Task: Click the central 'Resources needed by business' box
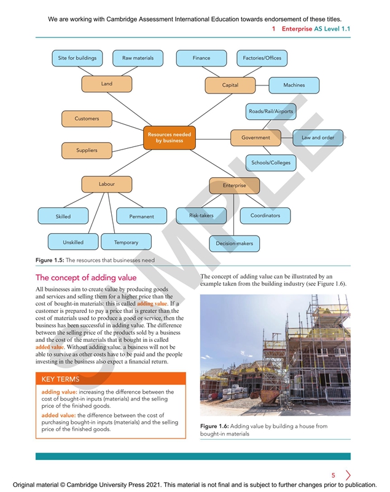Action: click(x=169, y=137)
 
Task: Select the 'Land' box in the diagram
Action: click(x=107, y=84)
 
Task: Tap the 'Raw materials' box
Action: click(x=138, y=58)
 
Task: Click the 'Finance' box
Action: click(x=201, y=58)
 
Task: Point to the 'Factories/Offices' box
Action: click(x=262, y=58)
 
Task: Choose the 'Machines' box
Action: click(x=294, y=85)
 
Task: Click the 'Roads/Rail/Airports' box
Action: click(x=270, y=112)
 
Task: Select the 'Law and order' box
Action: click(x=318, y=138)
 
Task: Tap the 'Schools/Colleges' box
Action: click(x=270, y=163)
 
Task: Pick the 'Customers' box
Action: click(x=87, y=118)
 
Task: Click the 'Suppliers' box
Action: click(x=87, y=150)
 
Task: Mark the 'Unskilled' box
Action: click(x=73, y=242)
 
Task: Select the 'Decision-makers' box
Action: click(x=234, y=244)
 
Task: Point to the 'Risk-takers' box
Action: click(x=201, y=216)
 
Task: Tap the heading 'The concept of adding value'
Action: click(x=86, y=278)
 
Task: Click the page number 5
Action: click(x=333, y=475)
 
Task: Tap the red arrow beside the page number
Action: click(x=348, y=475)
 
